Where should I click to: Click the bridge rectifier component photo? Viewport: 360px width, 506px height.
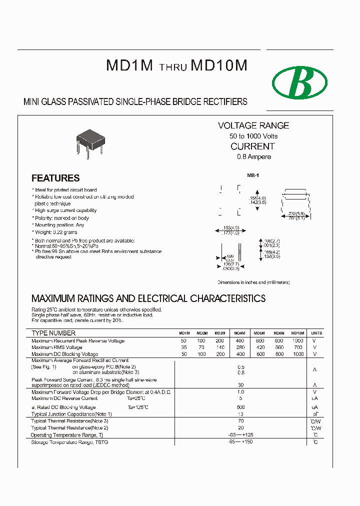tap(90, 142)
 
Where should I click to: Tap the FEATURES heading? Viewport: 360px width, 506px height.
tap(55, 178)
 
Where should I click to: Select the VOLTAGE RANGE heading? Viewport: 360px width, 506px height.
tap(253, 125)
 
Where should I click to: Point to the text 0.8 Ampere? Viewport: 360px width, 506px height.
tap(253, 157)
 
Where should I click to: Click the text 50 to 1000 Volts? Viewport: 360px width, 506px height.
tap(253, 136)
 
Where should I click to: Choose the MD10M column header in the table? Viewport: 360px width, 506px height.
tap(297, 333)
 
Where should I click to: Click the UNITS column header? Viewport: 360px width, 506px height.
tap(316, 333)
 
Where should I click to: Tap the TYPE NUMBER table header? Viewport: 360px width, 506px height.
tap(53, 333)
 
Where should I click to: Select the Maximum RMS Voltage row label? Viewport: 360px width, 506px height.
tap(57, 347)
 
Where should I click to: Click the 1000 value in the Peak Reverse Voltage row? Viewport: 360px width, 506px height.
tap(298, 341)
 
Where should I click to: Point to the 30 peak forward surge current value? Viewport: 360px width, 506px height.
tap(240, 385)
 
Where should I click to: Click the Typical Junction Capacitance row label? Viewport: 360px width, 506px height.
tap(71, 414)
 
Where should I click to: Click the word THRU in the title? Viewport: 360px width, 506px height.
tap(173, 68)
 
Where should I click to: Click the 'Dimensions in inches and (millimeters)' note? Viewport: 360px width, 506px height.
tap(253, 282)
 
